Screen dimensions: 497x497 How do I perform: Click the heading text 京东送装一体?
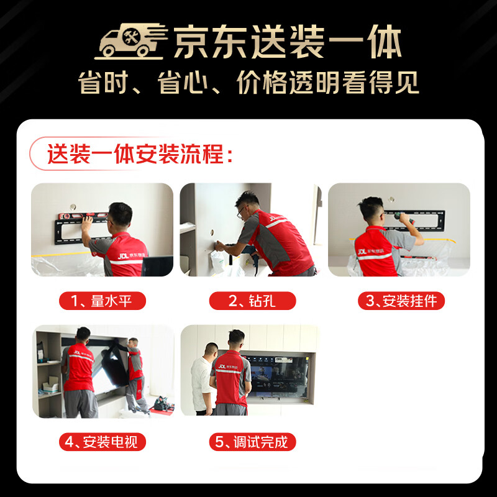[x=287, y=43]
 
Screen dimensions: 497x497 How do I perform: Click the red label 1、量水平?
[x=102, y=301]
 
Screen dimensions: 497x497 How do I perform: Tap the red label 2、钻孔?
[x=252, y=301]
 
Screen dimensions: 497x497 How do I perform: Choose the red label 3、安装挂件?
[x=401, y=301]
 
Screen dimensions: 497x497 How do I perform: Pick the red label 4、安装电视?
[x=102, y=442]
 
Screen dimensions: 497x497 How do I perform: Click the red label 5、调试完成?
[x=252, y=442]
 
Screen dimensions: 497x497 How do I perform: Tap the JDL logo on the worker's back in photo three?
[x=362, y=252]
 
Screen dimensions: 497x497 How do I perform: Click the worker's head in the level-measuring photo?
[x=120, y=215]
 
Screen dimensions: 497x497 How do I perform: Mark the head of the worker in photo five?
[x=235, y=339]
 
